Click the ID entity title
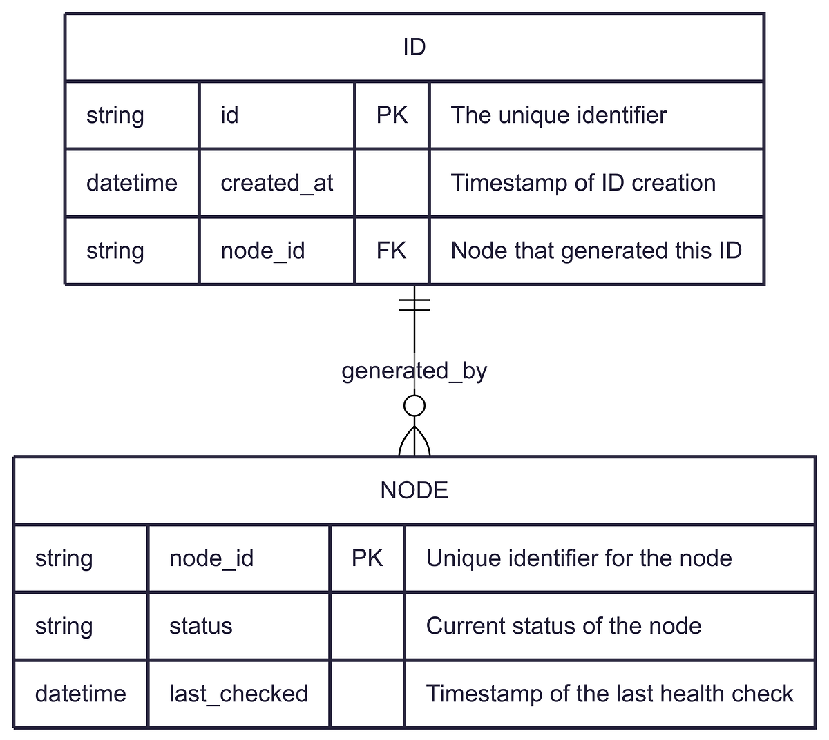pyautogui.click(x=414, y=47)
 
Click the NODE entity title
pyautogui.click(x=414, y=490)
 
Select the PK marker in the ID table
pyautogui.click(x=392, y=115)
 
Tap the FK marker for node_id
pyautogui.click(x=392, y=251)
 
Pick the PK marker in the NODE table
pyautogui.click(x=367, y=558)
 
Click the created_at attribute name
pyautogui.click(x=276, y=183)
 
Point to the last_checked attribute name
pyautogui.click(x=238, y=694)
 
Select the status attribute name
pyautogui.click(x=200, y=626)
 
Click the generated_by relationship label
pyautogui.click(x=414, y=371)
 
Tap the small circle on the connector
pyautogui.click(x=414, y=406)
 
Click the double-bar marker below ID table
pyautogui.click(x=414, y=304)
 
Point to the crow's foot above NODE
pyautogui.click(x=414, y=442)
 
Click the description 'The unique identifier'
pyautogui.click(x=558, y=115)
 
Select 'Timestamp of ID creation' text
pyautogui.click(x=583, y=183)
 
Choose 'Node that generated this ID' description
pyautogui.click(x=596, y=251)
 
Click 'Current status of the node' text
pyautogui.click(x=564, y=626)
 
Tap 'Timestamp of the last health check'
pyautogui.click(x=609, y=694)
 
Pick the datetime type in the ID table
pyautogui.click(x=131, y=183)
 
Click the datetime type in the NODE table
pyautogui.click(x=80, y=694)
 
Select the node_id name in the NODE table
pyautogui.click(x=211, y=558)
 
